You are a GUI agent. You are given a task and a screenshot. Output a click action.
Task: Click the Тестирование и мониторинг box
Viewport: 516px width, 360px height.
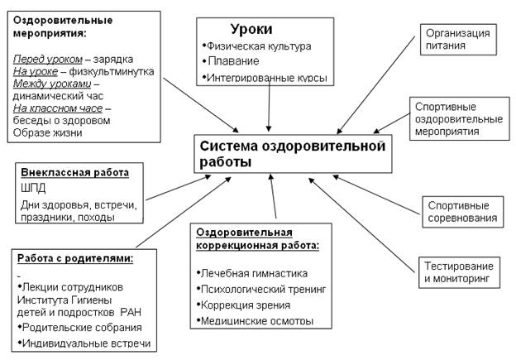(461, 273)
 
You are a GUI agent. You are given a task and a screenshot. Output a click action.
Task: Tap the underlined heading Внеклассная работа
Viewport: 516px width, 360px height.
(74, 173)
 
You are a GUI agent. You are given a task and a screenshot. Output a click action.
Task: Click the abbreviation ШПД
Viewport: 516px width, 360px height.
(32, 188)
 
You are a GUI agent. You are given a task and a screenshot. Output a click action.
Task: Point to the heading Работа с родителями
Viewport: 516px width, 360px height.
(74, 259)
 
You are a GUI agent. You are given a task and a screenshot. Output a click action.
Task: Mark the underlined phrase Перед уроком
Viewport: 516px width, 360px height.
(48, 59)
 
